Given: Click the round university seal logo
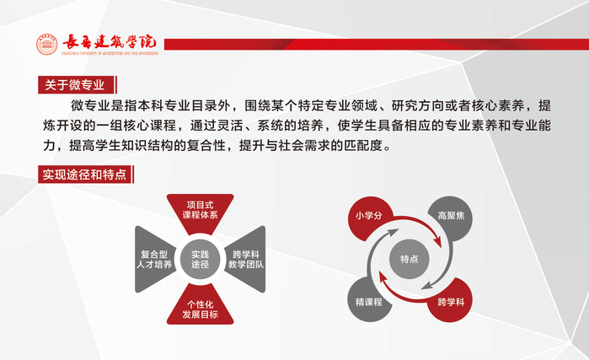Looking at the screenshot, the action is click(47, 45).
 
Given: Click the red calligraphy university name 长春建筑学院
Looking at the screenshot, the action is click(110, 42).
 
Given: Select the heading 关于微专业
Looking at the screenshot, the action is click(74, 84).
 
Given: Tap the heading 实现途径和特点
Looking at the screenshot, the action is click(84, 175).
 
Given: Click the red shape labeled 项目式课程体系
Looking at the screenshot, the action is click(201, 211).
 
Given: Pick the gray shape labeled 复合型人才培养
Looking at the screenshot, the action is click(155, 259).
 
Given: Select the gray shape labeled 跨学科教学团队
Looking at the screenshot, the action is click(245, 259).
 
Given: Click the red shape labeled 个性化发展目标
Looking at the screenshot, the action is click(201, 306).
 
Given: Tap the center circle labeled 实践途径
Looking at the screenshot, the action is click(201, 260).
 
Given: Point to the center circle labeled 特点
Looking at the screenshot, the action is click(409, 259).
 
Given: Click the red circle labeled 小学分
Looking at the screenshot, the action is click(369, 217).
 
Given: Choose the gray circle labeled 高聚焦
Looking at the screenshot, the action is click(451, 217).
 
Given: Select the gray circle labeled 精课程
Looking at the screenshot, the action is click(369, 301).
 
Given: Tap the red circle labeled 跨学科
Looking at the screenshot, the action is click(451, 301).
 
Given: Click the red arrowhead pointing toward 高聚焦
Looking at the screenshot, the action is click(437, 241).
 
